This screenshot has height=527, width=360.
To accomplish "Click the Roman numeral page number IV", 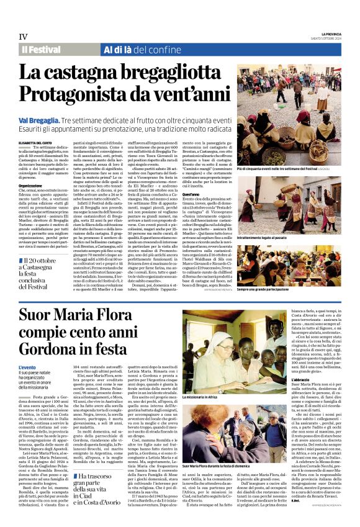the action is pos(24,37).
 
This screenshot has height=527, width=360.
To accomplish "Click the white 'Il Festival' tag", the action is pos(41,50).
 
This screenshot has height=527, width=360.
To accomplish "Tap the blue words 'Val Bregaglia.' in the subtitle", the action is pos(39,118).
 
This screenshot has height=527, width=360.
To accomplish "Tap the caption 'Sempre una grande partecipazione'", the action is pos(268,290).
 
